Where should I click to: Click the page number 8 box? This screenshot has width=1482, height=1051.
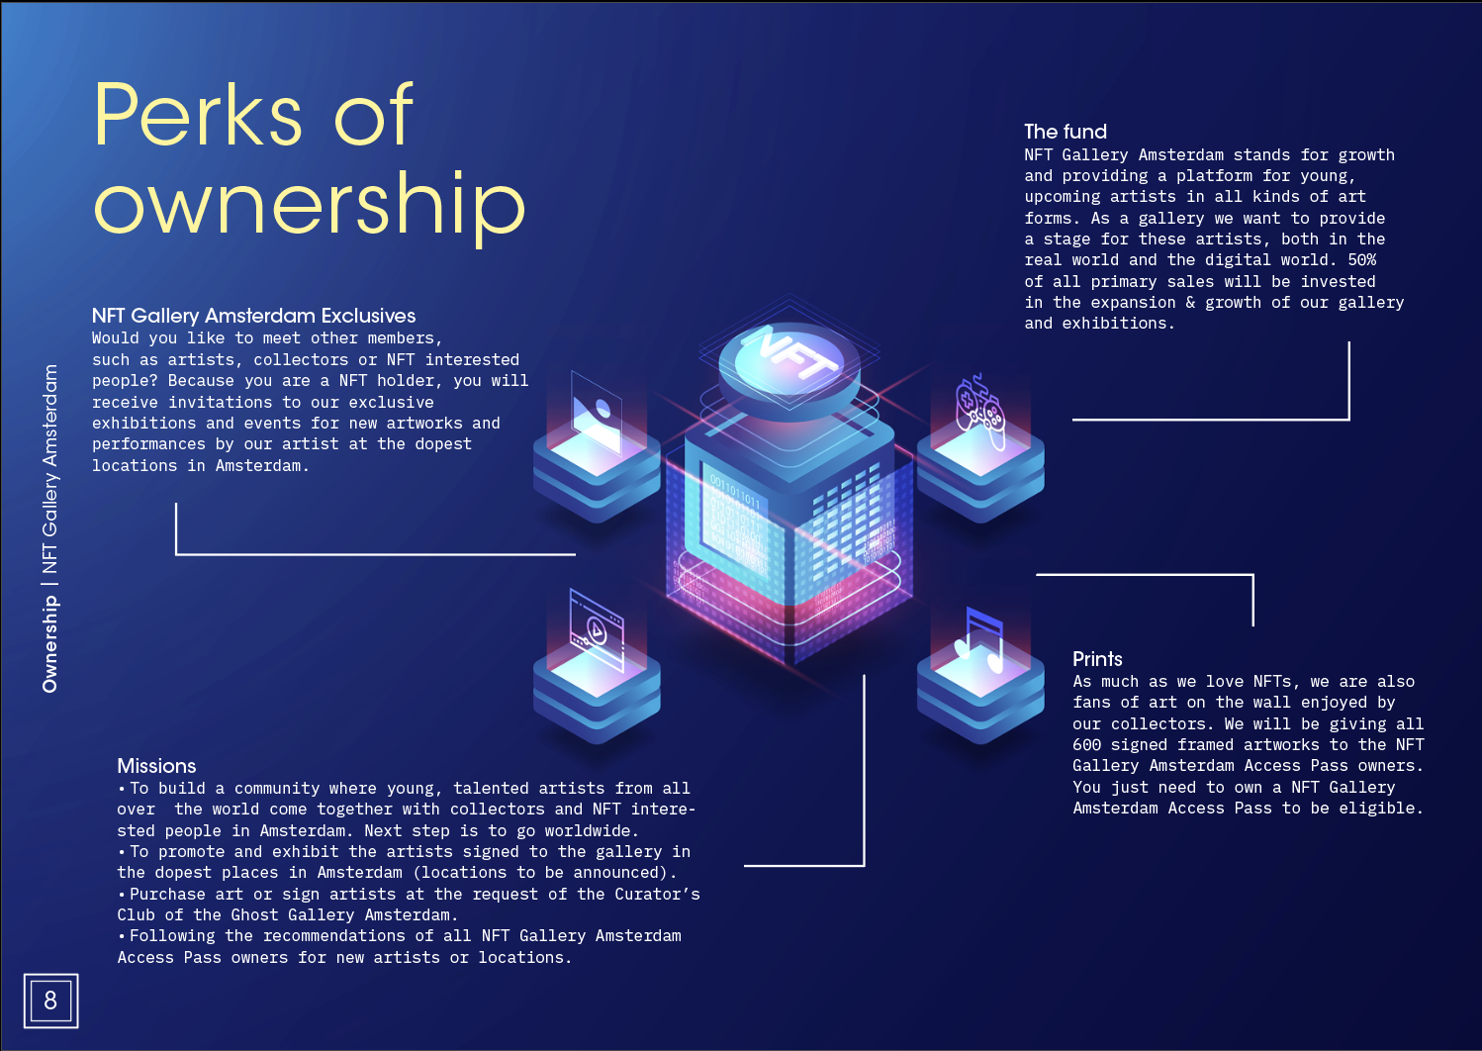(50, 1001)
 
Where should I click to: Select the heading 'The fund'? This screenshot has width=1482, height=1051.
(1065, 132)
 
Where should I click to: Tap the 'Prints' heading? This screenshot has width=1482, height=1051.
(1097, 659)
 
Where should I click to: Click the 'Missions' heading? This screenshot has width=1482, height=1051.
(156, 766)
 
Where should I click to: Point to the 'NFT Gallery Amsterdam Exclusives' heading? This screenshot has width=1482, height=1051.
(253, 316)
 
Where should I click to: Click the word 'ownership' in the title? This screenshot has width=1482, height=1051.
(309, 204)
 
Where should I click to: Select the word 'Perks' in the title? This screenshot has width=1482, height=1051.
(198, 116)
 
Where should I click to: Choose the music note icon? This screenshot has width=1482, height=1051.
(980, 639)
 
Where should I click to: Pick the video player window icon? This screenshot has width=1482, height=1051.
(597, 627)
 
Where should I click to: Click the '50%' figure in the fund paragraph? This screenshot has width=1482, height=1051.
(1361, 260)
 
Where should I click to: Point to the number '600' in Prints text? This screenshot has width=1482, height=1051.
(1086, 745)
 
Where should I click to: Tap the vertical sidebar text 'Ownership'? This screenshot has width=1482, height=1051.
(50, 644)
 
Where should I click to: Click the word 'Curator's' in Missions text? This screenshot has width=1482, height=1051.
(657, 895)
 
